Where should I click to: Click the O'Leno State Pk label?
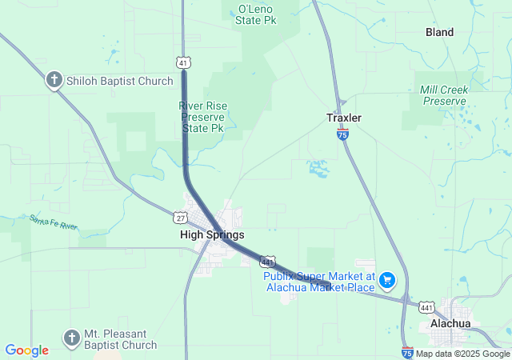257,15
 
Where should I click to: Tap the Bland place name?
440,33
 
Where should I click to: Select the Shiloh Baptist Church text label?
120,81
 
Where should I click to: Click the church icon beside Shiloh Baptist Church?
54,80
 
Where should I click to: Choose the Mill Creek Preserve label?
443,95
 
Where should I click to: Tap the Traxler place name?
344,118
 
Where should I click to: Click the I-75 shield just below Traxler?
342,136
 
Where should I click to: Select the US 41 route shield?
183,62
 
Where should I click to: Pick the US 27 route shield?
180,217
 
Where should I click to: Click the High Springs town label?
212,234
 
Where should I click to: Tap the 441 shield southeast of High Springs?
268,261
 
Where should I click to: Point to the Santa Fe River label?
54,222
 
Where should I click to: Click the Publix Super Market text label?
319,282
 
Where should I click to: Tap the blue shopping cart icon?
387,279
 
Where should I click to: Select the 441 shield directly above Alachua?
428,306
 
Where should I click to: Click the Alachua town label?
450,323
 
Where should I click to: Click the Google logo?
26,350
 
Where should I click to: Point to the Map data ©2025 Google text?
462,354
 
